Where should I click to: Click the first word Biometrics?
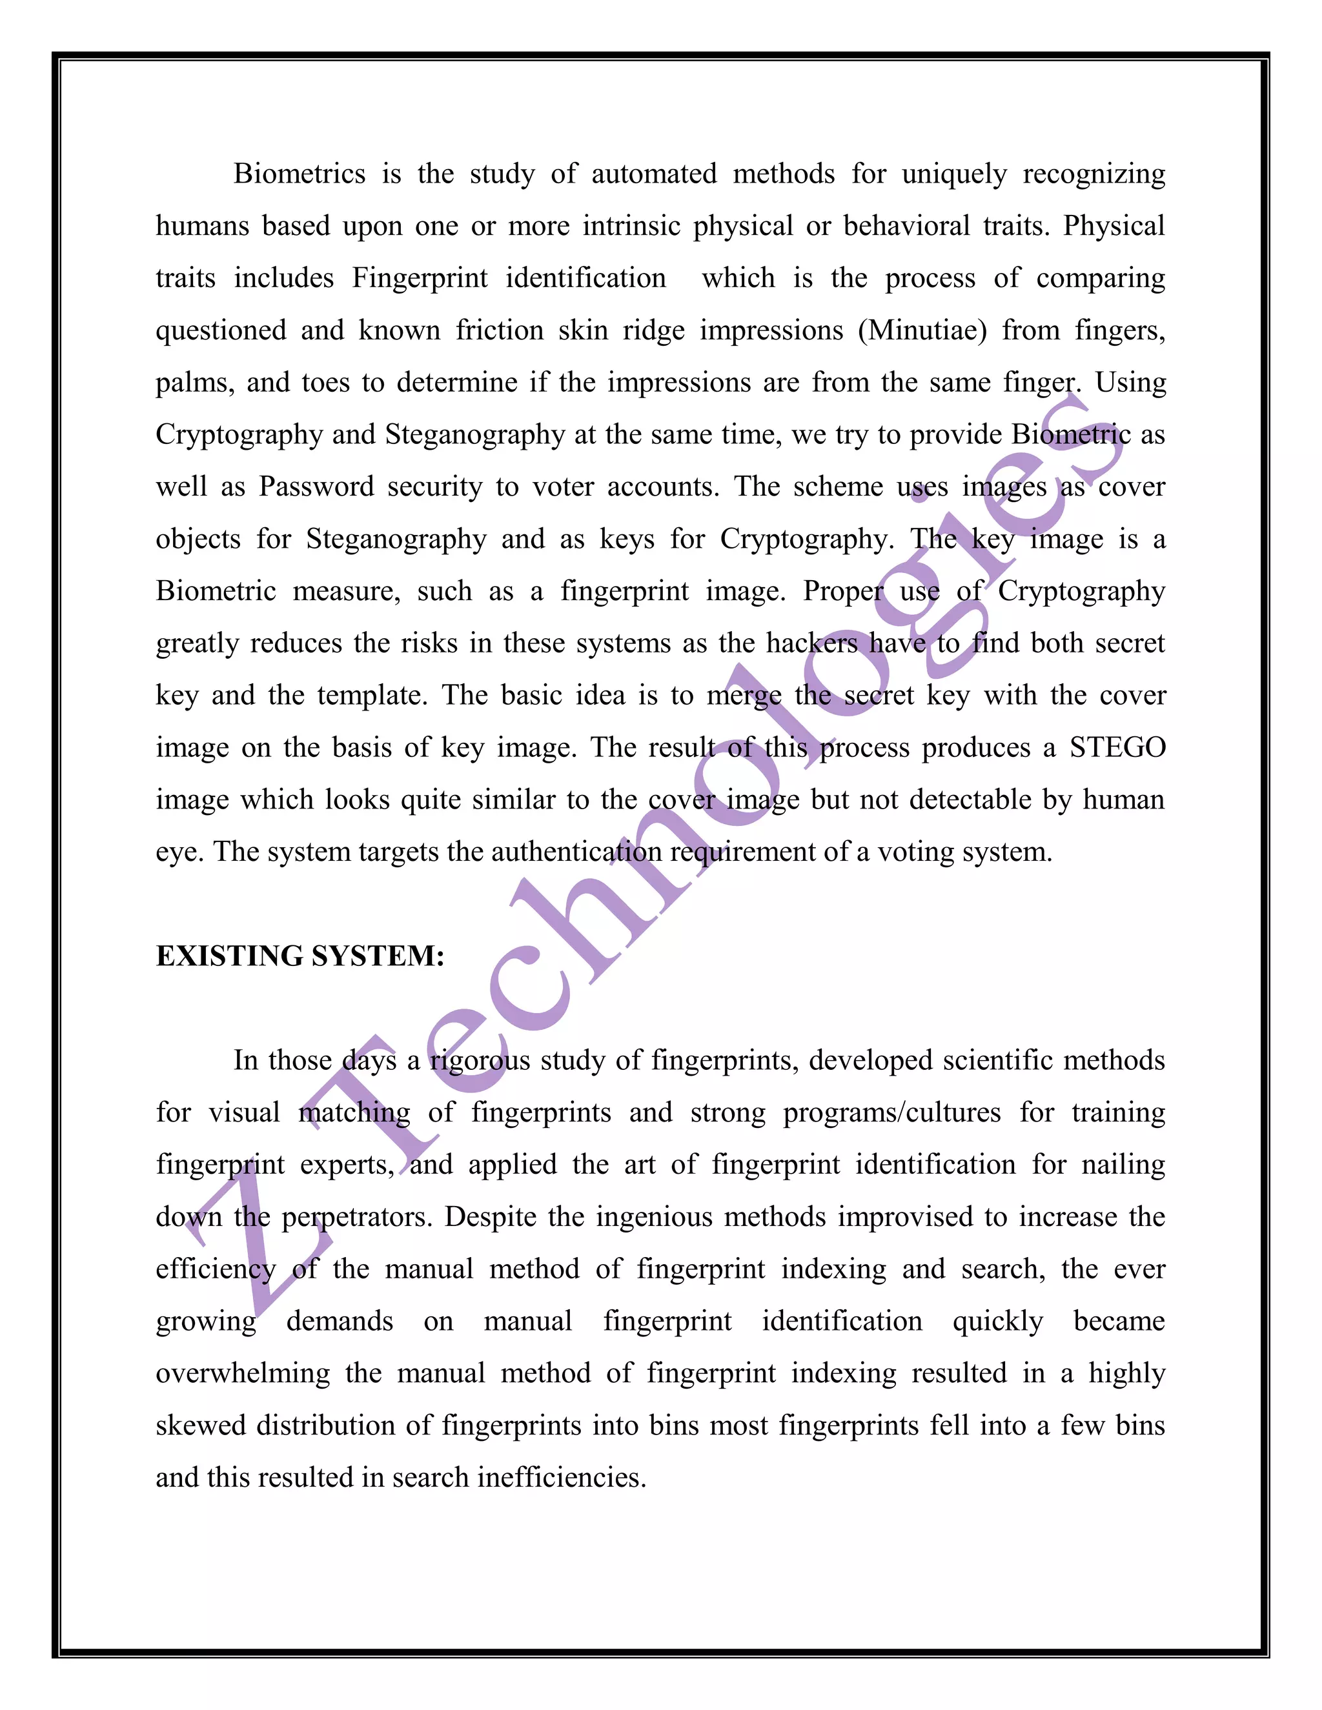point(299,174)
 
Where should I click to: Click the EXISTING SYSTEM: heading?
point(300,956)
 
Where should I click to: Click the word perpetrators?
point(356,1218)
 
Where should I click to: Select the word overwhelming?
point(243,1374)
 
